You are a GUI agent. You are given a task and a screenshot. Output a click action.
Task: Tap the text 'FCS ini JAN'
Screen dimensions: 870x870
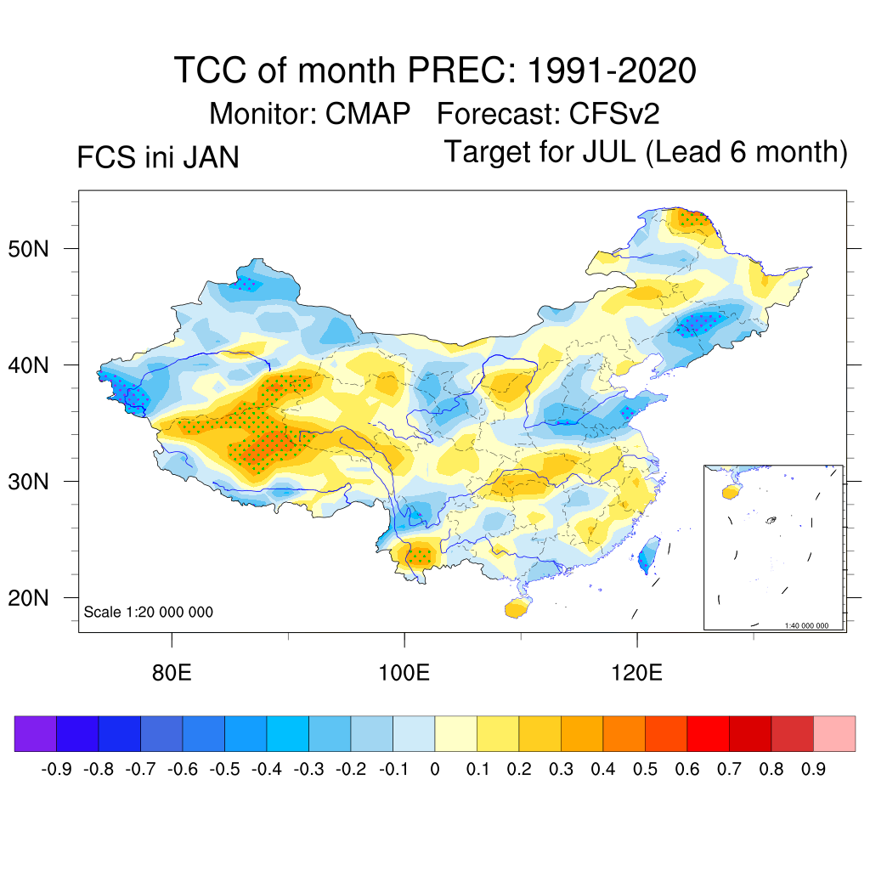pos(158,158)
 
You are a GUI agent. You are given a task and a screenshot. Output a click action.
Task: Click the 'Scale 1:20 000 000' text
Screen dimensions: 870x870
pos(149,612)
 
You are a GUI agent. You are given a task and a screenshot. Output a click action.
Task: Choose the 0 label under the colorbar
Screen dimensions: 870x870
pos(435,770)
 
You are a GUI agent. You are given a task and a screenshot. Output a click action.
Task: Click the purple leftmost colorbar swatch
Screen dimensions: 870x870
pos(36,734)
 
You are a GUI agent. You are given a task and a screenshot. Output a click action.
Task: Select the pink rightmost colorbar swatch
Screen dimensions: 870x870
pos(834,734)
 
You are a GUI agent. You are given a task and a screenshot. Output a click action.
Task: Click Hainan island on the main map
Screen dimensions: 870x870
pos(514,608)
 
